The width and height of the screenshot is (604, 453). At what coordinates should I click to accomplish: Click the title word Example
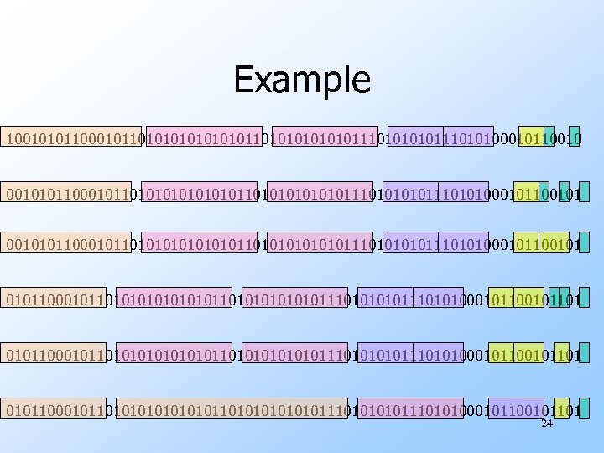(x=302, y=80)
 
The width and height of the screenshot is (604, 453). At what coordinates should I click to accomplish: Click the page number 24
(x=547, y=424)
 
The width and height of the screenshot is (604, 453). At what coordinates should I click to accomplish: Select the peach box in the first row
(x=72, y=137)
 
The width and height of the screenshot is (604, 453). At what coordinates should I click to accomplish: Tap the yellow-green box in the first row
(x=531, y=137)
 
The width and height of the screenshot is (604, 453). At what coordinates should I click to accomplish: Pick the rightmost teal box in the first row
(x=574, y=137)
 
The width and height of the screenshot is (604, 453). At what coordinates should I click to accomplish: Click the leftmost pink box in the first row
(x=204, y=137)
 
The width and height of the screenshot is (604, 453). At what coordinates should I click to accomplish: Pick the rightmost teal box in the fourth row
(x=583, y=298)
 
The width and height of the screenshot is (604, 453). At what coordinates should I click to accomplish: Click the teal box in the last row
(x=583, y=409)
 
